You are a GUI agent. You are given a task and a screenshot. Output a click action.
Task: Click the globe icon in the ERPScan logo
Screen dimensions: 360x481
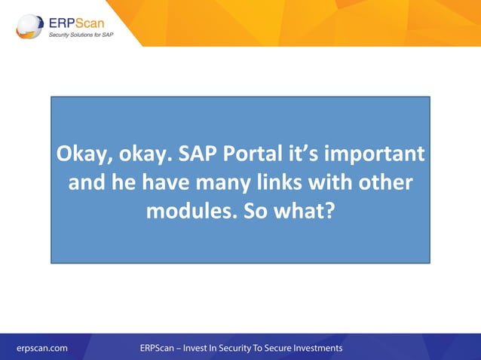[x=29, y=26]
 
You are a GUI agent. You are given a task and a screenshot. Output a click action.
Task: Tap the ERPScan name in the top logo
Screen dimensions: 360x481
[x=78, y=20]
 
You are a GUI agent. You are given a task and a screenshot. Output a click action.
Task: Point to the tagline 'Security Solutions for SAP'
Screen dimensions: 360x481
[x=81, y=35]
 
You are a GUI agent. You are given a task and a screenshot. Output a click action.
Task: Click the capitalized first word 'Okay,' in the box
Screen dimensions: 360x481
[x=83, y=155]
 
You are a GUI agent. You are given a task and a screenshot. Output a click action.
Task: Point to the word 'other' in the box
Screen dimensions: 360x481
[x=384, y=182]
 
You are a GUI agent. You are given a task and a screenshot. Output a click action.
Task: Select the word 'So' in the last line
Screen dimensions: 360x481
[x=255, y=210]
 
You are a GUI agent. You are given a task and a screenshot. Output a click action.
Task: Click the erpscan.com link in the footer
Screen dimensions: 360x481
[x=42, y=348]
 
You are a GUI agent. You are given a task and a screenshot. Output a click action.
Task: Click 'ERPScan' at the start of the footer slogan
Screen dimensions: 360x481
[x=157, y=348]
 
